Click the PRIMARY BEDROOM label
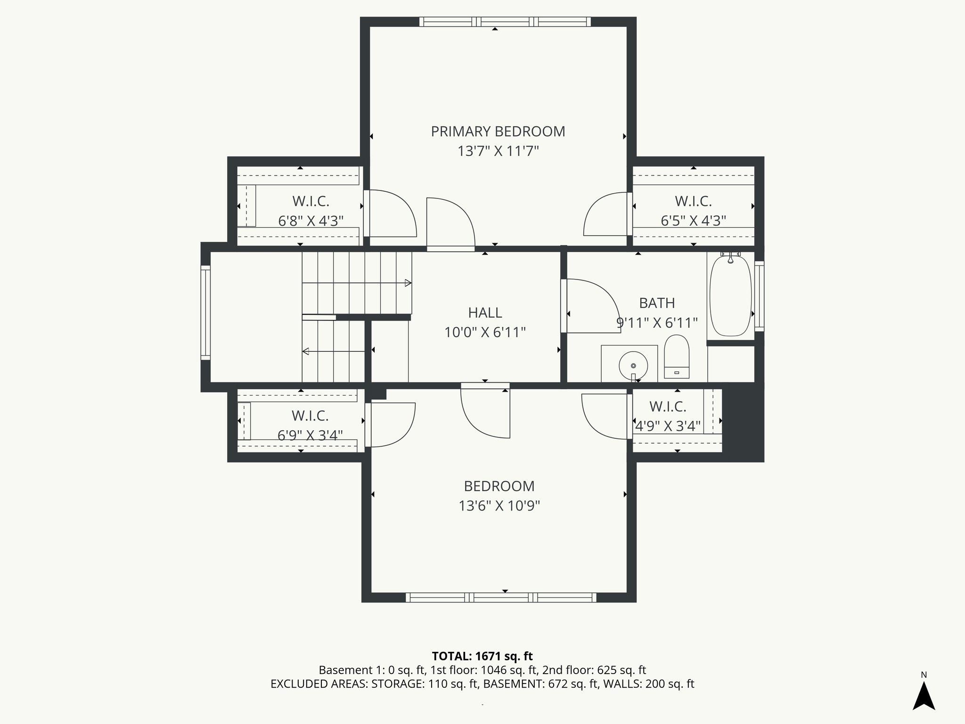pyautogui.click(x=498, y=132)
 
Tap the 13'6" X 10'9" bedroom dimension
pyautogui.click(x=499, y=506)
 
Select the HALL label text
pyautogui.click(x=485, y=313)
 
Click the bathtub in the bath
pyautogui.click(x=730, y=296)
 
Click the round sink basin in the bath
pyautogui.click(x=633, y=365)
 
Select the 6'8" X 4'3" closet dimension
pyautogui.click(x=311, y=221)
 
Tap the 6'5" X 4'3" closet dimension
pyautogui.click(x=693, y=221)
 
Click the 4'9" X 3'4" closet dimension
pyautogui.click(x=668, y=426)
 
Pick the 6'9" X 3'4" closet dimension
pyautogui.click(x=310, y=435)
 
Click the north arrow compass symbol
pyautogui.click(x=924, y=696)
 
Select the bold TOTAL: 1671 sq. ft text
pyautogui.click(x=482, y=656)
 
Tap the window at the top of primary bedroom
pyautogui.click(x=505, y=22)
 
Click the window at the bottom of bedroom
pyautogui.click(x=501, y=597)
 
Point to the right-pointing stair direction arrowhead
pyautogui.click(x=408, y=283)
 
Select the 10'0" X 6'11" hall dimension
pyautogui.click(x=485, y=332)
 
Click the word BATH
pyautogui.click(x=657, y=303)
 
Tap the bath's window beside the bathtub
pyautogui.click(x=759, y=296)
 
